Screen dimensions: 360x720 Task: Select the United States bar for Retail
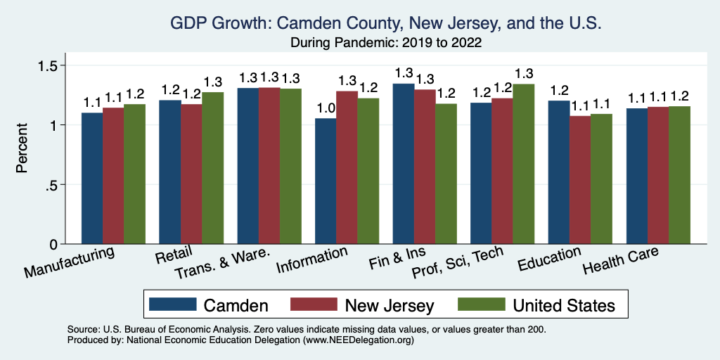[212, 168]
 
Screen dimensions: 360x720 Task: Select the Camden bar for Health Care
[636, 176]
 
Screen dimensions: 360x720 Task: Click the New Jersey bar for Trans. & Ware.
[269, 165]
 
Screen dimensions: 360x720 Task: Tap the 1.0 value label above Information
[326, 109]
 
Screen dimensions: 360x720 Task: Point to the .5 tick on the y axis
[59, 185]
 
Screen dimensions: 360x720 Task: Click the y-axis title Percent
[22, 149]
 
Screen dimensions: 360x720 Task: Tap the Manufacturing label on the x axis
[69, 262]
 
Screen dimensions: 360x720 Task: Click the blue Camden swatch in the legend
[173, 305]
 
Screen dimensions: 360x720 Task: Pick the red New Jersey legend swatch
[314, 305]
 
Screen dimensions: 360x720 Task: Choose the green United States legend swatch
[482, 305]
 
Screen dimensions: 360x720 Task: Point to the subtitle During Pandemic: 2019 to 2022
[386, 43]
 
